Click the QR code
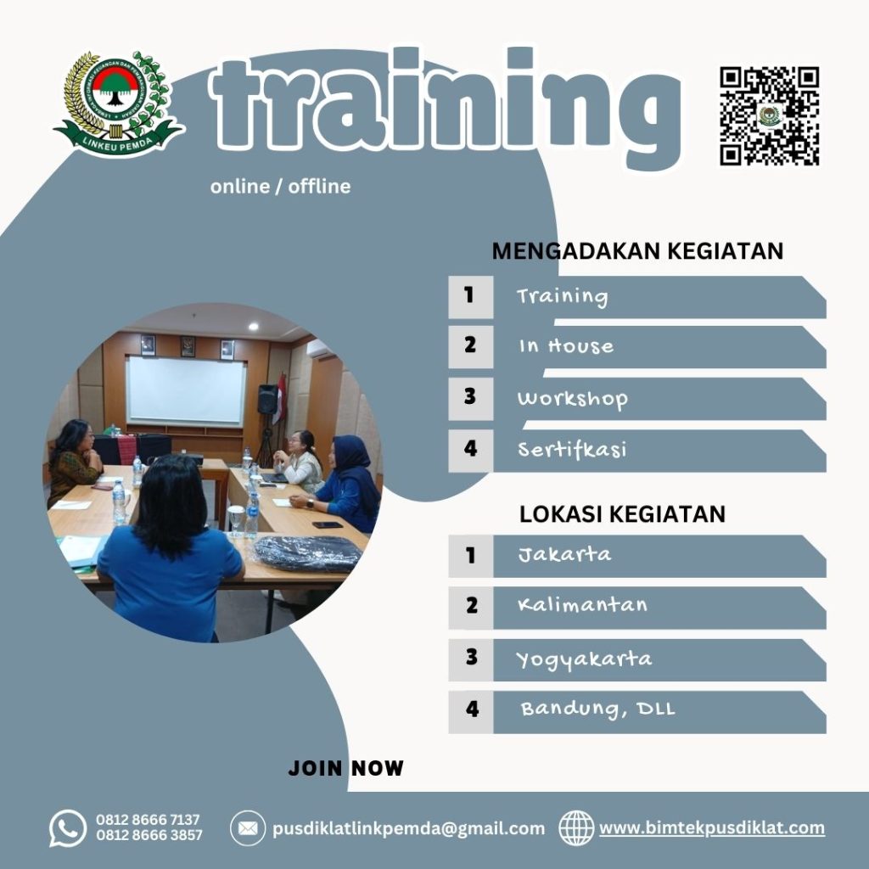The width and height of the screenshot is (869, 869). point(769,116)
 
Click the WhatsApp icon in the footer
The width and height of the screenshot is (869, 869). point(68,828)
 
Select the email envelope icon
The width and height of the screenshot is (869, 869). point(248,828)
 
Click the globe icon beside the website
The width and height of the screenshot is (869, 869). point(576,828)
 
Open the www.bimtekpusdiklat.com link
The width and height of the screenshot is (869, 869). point(711,828)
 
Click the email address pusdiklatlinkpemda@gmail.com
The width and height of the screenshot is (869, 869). point(408,828)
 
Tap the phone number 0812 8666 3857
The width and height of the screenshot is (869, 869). point(149,835)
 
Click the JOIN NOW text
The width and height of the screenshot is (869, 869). point(346,769)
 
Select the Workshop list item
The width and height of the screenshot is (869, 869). point(572,399)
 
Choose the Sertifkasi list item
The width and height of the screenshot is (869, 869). point(572,450)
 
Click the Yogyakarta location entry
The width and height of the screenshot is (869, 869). point(584,659)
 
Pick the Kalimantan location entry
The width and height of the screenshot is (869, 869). point(582,606)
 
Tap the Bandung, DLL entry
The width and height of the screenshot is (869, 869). point(597,709)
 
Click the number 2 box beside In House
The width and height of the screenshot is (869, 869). point(470,346)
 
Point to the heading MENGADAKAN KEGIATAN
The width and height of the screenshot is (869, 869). point(637,251)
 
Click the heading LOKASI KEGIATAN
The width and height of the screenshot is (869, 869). point(622,514)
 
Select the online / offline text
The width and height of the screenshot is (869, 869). point(280,186)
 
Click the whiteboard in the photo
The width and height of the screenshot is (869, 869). point(186,390)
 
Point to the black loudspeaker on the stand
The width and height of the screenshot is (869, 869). point(266,399)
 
